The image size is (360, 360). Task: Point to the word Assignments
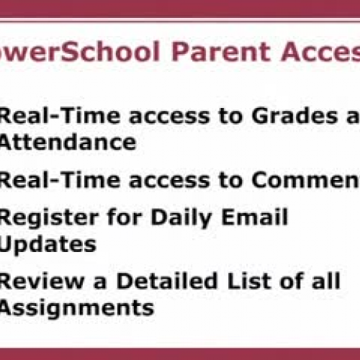(76, 307)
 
